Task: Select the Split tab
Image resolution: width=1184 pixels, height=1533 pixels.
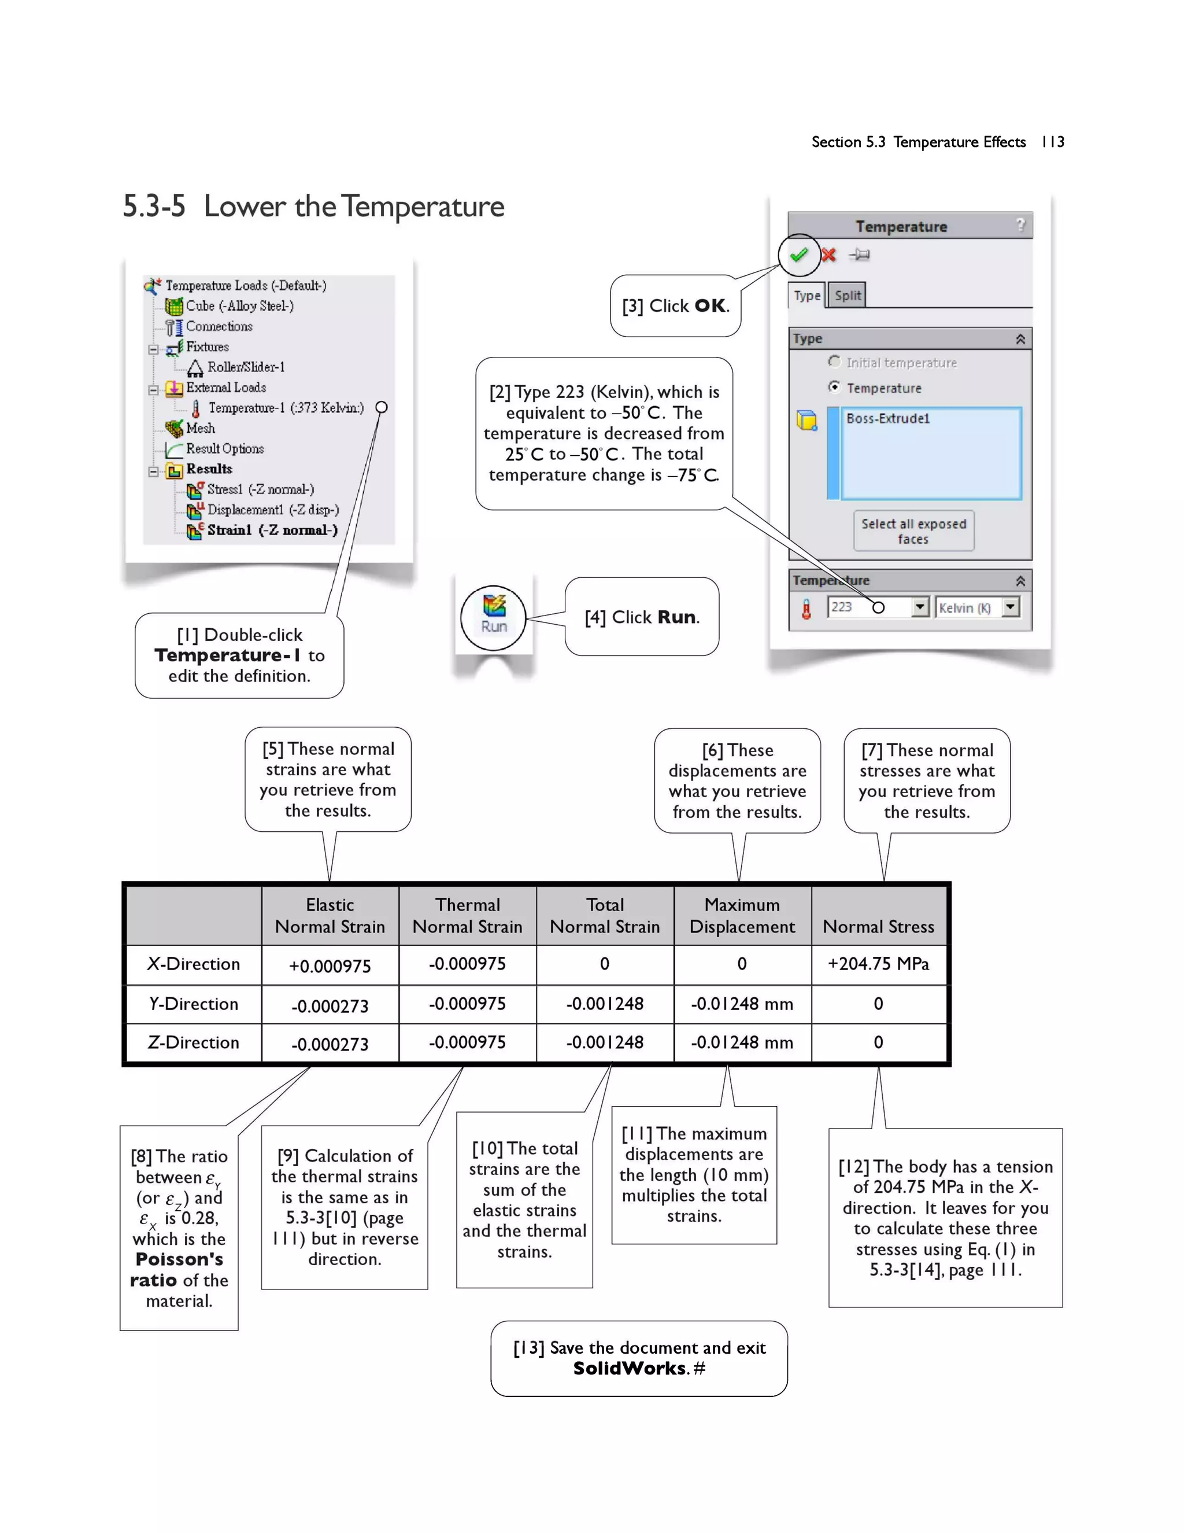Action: (x=848, y=296)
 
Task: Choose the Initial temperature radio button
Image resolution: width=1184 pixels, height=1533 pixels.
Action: (x=834, y=362)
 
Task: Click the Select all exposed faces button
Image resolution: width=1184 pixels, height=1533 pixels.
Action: (x=913, y=532)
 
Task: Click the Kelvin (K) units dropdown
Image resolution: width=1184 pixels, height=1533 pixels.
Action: (x=976, y=607)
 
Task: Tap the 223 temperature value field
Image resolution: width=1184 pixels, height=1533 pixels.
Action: (x=869, y=607)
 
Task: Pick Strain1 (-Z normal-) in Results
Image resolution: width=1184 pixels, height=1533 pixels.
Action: (x=272, y=530)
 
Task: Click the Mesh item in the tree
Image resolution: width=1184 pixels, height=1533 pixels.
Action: (x=200, y=428)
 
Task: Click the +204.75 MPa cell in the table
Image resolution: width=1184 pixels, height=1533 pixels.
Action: (x=878, y=964)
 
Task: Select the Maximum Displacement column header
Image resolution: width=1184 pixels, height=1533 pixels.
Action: (x=742, y=915)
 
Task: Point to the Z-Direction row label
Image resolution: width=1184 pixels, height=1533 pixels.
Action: (x=193, y=1042)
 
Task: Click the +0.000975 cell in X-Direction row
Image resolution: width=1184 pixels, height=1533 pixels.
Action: (x=330, y=966)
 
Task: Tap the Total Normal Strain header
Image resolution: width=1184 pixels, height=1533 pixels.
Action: (x=605, y=915)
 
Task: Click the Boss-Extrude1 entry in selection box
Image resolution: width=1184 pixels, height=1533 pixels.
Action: (x=888, y=418)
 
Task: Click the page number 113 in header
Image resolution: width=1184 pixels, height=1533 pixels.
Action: (x=1052, y=142)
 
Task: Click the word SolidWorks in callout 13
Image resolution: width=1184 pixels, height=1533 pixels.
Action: (x=629, y=1368)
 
